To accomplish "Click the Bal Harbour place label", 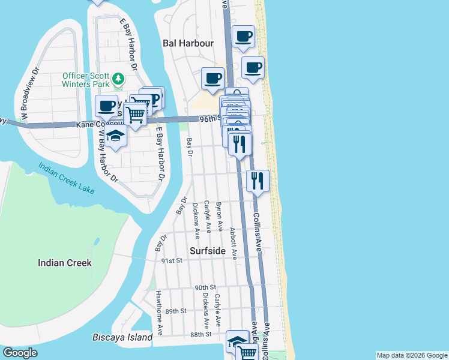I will click(188, 43).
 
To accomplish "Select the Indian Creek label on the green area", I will click(64, 263).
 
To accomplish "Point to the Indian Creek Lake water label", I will click(67, 178).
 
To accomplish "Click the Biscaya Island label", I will click(122, 337).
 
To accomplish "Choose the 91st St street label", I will click(171, 261).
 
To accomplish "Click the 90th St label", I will click(205, 288).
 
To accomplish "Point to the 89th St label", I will click(176, 311).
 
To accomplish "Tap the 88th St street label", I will click(200, 334).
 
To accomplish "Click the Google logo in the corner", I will click(20, 353).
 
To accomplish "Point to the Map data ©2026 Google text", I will click(411, 355).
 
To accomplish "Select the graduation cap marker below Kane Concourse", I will click(116, 137).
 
